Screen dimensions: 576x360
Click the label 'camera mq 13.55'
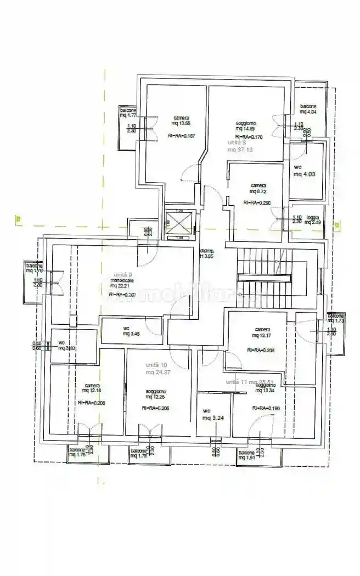pyautogui.click(x=182, y=121)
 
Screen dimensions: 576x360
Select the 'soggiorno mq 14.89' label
pyautogui.click(x=246, y=126)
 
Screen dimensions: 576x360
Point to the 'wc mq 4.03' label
pyautogui.click(x=303, y=171)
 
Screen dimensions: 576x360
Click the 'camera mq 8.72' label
pyautogui.click(x=257, y=189)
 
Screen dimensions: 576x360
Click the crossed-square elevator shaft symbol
pyautogui.click(x=179, y=224)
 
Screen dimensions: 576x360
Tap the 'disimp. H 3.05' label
pyautogui.click(x=207, y=252)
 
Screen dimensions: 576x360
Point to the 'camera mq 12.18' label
pyautogui.click(x=92, y=388)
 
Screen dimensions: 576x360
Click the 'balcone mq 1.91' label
pyautogui.click(x=247, y=455)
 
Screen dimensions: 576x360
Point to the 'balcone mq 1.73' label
pyautogui.click(x=336, y=319)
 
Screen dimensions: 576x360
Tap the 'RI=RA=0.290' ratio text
pyautogui.click(x=257, y=203)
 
